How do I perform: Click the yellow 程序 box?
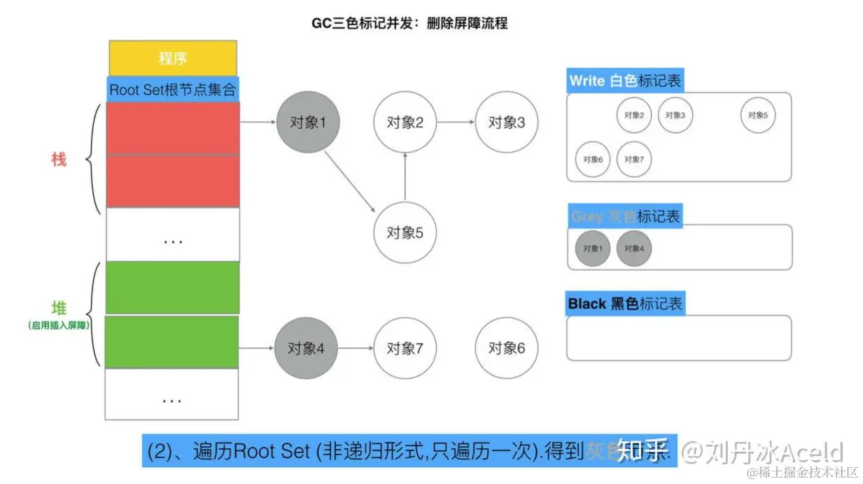click(x=172, y=58)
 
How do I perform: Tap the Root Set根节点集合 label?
click(x=173, y=90)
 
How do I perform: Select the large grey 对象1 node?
click(x=308, y=123)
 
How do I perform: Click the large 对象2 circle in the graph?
click(x=405, y=123)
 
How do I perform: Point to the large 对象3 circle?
click(x=506, y=123)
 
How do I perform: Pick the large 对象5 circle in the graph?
click(x=405, y=233)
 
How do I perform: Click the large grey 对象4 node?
click(x=308, y=348)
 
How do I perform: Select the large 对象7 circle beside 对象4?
click(x=405, y=348)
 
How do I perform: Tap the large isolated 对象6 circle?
click(x=506, y=348)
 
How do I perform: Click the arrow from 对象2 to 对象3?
click(x=456, y=123)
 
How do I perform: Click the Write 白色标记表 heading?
click(x=624, y=81)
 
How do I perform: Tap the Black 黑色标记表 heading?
click(x=625, y=304)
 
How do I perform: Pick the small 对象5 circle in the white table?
click(x=757, y=116)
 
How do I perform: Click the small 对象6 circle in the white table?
click(x=592, y=160)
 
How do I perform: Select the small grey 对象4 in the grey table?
click(x=633, y=249)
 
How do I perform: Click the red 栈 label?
click(x=59, y=160)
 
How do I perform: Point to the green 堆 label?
click(x=59, y=309)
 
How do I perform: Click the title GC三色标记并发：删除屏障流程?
click(x=409, y=23)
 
